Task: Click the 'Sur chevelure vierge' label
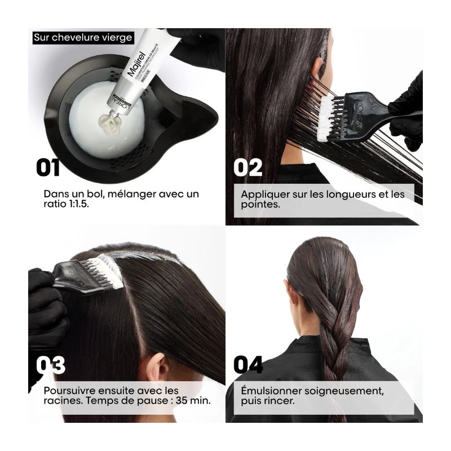pos(82,38)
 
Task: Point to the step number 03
pos(50,365)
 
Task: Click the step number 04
pos(248,365)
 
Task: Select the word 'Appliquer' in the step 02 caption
pos(262,194)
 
